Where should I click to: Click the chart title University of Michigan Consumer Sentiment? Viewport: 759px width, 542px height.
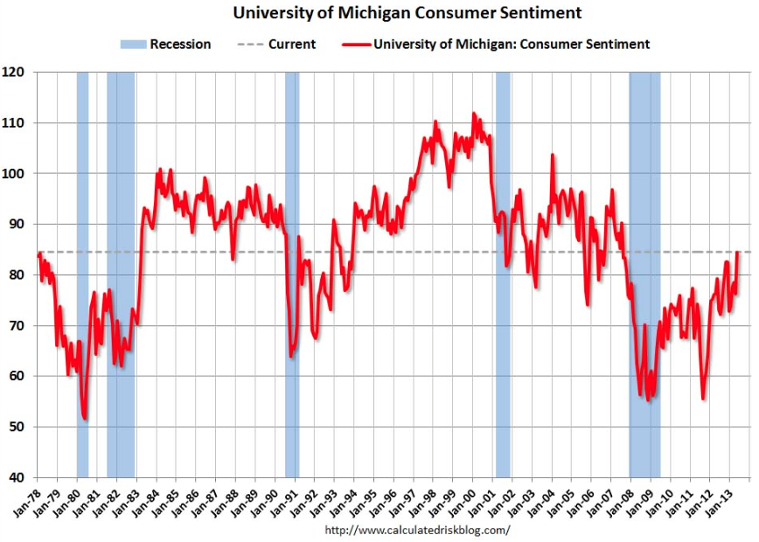click(407, 14)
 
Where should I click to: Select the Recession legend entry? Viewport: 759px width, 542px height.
click(165, 44)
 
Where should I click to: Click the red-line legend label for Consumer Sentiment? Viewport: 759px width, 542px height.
click(511, 44)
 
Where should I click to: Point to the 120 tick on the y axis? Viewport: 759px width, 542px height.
click(17, 72)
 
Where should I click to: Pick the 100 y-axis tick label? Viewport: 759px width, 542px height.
click(17, 173)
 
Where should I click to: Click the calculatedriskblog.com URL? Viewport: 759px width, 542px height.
click(417, 530)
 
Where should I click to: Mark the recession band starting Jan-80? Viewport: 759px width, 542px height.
click(82, 262)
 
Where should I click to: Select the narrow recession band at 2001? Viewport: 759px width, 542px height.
click(503, 262)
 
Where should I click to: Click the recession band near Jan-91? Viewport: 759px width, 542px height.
click(292, 262)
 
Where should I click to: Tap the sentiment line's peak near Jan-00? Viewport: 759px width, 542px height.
click(474, 113)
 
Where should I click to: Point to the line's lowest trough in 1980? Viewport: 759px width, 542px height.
click(85, 419)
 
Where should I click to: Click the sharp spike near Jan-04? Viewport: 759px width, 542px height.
click(553, 155)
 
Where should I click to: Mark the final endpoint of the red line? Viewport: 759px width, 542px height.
click(739, 252)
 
